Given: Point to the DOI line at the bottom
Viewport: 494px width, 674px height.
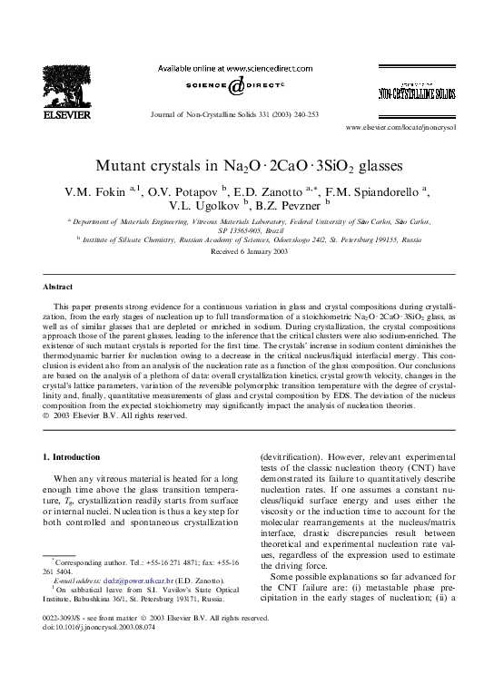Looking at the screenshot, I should (x=101, y=650).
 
